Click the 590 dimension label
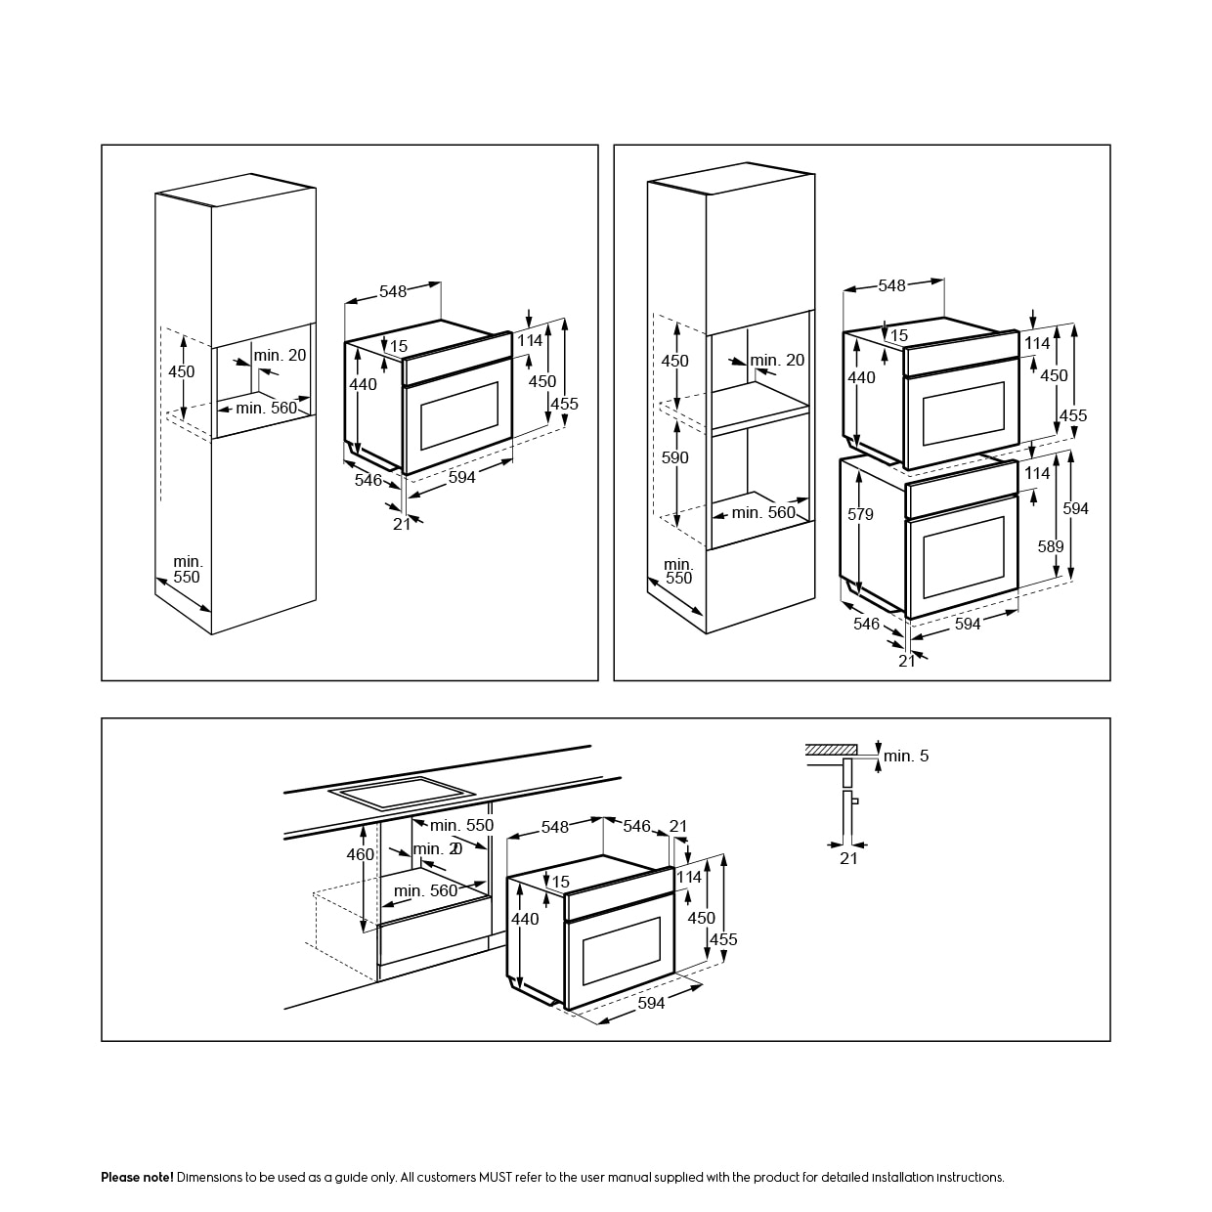click(x=674, y=457)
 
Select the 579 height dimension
click(x=860, y=514)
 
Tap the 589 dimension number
click(x=1051, y=546)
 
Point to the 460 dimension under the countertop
click(x=361, y=854)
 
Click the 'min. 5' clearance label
click(x=906, y=756)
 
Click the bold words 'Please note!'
click(x=137, y=1177)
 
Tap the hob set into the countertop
click(x=402, y=793)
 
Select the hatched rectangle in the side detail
click(x=831, y=749)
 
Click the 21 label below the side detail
click(x=848, y=858)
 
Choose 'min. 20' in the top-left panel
click(x=280, y=355)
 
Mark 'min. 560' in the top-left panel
click(x=266, y=408)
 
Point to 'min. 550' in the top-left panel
click(x=188, y=569)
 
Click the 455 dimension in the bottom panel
click(x=723, y=939)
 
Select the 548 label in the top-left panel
click(x=393, y=291)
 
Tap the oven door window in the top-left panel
click(x=458, y=415)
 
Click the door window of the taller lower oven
click(x=963, y=557)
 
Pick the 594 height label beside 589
click(x=1075, y=508)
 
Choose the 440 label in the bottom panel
click(x=525, y=919)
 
